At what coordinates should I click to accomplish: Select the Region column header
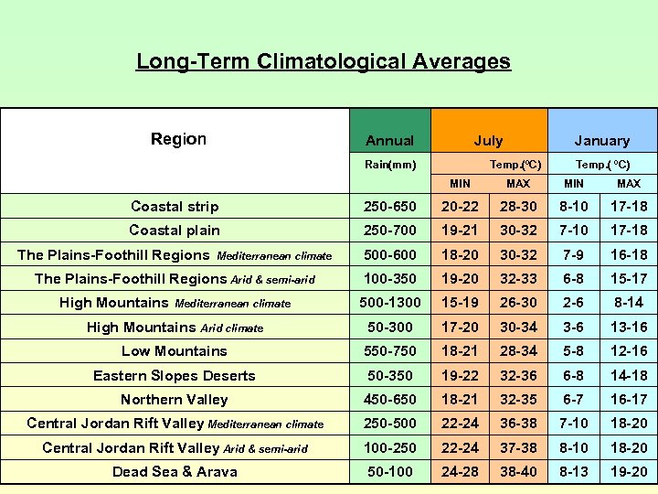[178, 139]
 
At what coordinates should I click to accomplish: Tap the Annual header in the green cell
[389, 141]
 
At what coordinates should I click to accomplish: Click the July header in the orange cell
[488, 141]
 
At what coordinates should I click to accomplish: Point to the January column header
[601, 141]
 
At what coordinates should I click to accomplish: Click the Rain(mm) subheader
[390, 165]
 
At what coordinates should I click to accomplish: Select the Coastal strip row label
[175, 207]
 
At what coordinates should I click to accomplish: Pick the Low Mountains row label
[175, 351]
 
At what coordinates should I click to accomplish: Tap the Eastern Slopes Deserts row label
[175, 375]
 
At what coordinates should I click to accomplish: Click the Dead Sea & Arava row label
[175, 472]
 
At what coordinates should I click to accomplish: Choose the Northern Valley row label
[175, 400]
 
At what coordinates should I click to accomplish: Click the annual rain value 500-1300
[390, 303]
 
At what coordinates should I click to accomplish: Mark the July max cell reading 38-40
[518, 472]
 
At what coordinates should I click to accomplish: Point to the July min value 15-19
[461, 303]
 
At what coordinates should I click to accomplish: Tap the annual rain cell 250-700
[390, 231]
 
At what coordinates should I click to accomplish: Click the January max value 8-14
[629, 303]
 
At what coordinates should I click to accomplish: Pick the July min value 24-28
[461, 472]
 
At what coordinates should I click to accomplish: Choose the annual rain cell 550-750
[390, 351]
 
